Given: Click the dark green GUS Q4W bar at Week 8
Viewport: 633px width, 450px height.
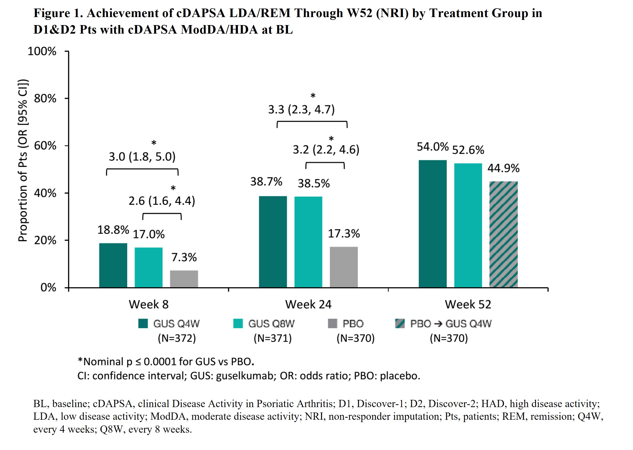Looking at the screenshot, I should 113,265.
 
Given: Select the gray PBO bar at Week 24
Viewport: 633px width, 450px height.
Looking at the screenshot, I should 343,267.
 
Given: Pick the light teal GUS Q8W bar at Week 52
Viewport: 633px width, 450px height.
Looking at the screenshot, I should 468,225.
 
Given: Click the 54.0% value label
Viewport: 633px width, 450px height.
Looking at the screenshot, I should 432,147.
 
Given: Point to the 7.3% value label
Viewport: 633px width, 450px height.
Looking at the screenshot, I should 184,257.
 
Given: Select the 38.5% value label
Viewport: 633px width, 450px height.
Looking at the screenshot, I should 313,184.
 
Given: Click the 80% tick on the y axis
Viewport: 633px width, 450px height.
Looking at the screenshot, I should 45,98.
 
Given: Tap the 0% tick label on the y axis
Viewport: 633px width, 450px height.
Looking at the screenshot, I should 48,288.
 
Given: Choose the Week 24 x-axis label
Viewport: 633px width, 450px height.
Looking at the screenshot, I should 308,304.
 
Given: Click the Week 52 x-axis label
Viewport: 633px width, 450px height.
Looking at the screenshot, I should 468,304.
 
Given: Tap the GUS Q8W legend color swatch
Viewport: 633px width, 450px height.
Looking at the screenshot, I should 238,323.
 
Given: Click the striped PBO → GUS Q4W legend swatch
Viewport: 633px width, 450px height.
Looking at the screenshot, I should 400,323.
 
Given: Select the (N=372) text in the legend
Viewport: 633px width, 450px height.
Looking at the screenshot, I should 177,338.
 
